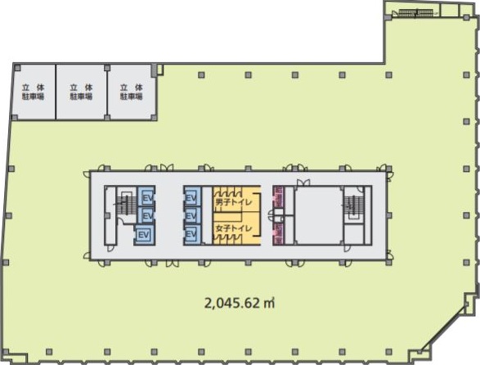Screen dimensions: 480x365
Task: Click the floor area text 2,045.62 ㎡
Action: tap(240, 304)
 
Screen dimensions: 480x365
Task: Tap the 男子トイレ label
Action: tap(234, 203)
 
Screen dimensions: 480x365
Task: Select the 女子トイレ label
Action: tap(234, 228)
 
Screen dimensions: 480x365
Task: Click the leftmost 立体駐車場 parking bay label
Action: tap(33, 92)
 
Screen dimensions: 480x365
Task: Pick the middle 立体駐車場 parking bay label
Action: tap(81, 92)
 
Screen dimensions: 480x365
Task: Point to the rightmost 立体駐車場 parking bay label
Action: tap(132, 92)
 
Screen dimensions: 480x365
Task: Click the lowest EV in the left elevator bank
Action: tap(144, 235)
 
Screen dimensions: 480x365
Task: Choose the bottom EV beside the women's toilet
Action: tap(191, 235)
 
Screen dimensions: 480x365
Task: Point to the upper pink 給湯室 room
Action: tap(279, 197)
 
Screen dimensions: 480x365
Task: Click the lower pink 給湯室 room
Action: tap(279, 234)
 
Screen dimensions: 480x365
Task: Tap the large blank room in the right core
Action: tap(318, 215)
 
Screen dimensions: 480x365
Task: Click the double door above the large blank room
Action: tap(303, 183)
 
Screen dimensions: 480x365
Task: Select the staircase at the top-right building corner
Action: tap(415, 12)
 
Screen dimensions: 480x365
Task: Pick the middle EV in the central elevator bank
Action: tap(191, 216)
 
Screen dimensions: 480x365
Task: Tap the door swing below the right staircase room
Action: tap(348, 248)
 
